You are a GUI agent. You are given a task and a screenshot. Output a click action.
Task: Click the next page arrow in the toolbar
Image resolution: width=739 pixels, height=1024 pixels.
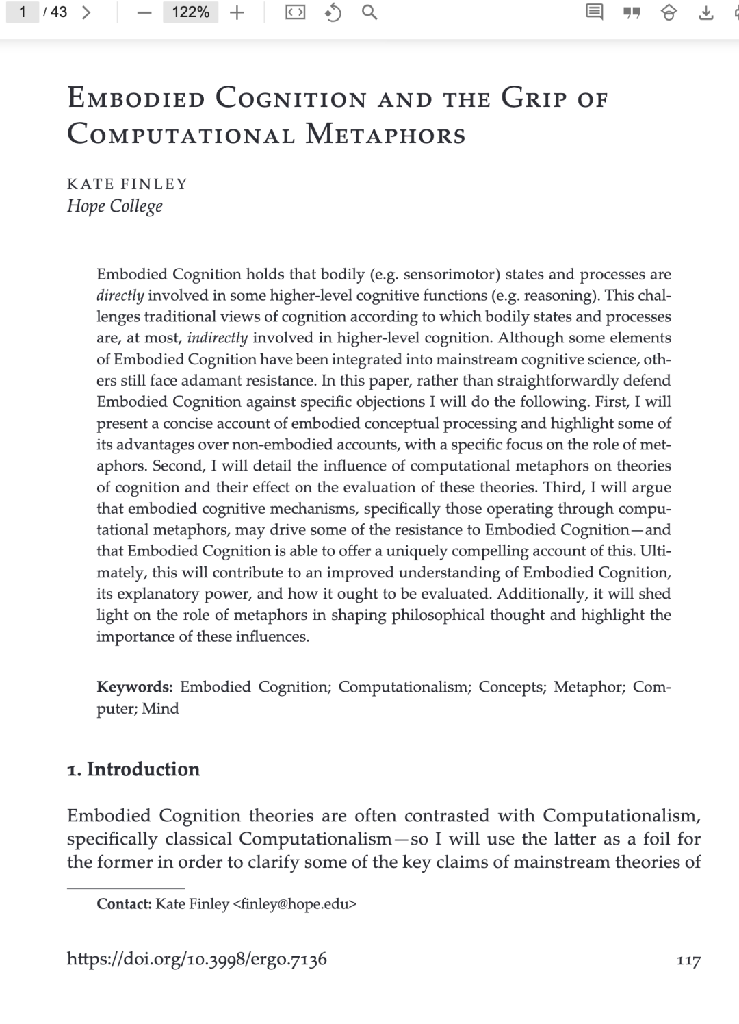click(86, 12)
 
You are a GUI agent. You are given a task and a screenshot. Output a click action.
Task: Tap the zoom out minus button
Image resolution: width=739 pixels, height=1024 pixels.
click(144, 13)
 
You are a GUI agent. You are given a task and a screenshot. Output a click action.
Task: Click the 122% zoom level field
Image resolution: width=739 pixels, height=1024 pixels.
click(190, 12)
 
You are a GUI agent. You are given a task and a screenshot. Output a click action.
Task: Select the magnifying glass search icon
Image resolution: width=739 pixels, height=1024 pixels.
click(369, 12)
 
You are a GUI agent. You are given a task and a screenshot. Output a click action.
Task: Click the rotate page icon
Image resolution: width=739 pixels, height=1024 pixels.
click(333, 12)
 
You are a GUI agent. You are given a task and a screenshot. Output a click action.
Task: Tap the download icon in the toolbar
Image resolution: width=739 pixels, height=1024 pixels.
click(705, 13)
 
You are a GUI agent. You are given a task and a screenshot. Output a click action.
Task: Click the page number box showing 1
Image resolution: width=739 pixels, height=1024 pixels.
click(23, 12)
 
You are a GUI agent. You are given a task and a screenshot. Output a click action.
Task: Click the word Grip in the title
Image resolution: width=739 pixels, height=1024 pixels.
click(534, 98)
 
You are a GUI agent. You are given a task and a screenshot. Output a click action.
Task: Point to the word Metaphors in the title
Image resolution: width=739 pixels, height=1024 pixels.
click(385, 134)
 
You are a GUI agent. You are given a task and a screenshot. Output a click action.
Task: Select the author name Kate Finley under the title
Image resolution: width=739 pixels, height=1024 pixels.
click(127, 184)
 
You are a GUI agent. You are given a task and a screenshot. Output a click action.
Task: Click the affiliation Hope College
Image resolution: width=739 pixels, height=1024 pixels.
click(115, 206)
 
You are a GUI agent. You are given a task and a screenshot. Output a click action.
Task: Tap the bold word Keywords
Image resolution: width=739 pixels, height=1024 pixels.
click(134, 687)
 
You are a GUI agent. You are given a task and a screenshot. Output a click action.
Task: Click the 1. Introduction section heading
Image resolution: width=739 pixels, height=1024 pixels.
click(133, 769)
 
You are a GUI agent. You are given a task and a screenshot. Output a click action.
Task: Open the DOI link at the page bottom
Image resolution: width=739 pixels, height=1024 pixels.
click(197, 959)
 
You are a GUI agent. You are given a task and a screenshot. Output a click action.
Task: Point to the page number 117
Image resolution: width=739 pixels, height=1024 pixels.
click(688, 961)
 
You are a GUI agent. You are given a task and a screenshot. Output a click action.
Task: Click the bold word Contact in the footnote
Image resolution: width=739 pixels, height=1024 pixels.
click(124, 903)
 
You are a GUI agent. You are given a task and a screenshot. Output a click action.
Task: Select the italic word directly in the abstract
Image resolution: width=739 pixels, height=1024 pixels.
click(120, 296)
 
